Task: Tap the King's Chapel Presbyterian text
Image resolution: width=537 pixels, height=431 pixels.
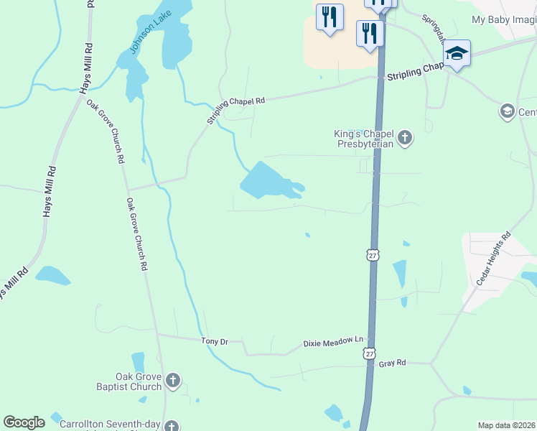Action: [x=365, y=138]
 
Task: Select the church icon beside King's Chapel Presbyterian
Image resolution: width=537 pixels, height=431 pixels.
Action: [x=405, y=137]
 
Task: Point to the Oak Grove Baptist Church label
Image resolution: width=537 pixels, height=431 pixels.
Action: [x=139, y=381]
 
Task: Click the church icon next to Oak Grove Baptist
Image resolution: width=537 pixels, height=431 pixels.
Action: [x=172, y=380]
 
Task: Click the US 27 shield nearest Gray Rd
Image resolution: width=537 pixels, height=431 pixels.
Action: [x=369, y=353]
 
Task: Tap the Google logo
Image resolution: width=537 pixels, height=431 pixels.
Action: [x=24, y=422]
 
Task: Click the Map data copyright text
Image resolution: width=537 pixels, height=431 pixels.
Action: [x=506, y=425]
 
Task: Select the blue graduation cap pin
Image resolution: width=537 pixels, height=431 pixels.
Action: [x=457, y=52]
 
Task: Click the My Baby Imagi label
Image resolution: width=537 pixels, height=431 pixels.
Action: [x=504, y=20]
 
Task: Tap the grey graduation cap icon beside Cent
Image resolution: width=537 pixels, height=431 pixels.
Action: [x=507, y=111]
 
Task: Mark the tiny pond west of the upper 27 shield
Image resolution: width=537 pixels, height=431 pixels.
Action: [x=307, y=234]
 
